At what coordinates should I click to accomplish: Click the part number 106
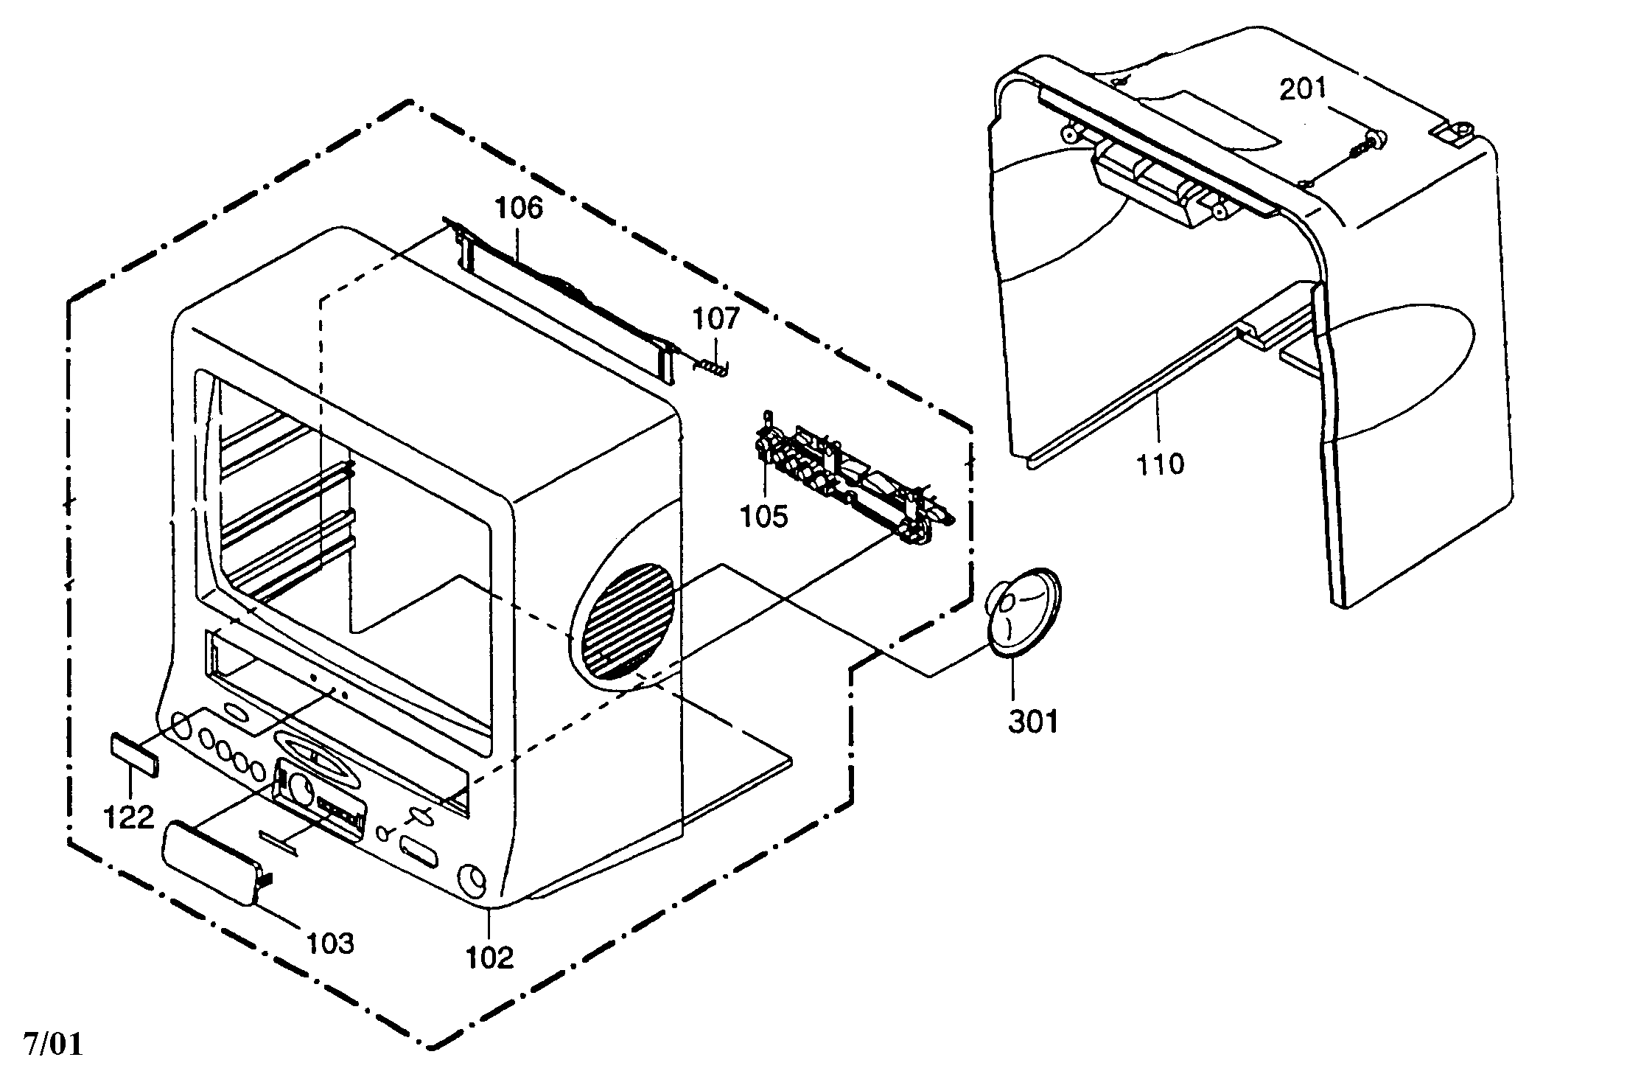518,209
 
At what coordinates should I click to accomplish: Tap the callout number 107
715,319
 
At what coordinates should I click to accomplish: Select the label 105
764,516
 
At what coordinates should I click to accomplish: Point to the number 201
1301,90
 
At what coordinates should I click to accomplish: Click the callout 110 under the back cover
1161,464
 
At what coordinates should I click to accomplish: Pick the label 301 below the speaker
1033,722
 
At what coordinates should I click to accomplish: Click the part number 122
129,817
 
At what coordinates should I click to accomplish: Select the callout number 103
330,943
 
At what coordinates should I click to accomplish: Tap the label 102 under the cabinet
490,958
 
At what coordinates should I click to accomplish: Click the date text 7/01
54,1045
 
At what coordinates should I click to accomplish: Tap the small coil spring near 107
712,366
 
